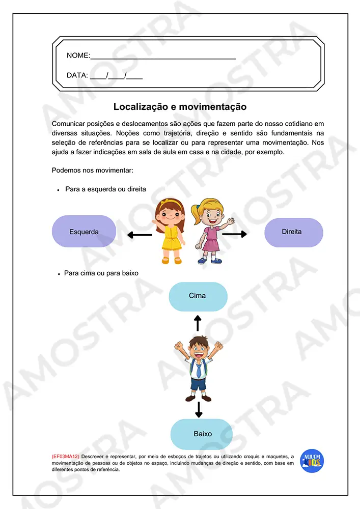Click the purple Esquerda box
click(84, 232)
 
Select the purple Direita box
click(293, 232)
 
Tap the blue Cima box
click(198, 296)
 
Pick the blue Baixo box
click(201, 434)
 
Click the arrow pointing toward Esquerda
click(139, 235)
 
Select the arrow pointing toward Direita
click(234, 234)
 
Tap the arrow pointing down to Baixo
click(199, 408)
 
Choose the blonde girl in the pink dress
click(209, 231)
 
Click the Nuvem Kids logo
click(312, 461)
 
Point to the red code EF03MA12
click(66, 457)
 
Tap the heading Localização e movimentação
click(180, 107)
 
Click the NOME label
click(78, 55)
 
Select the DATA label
click(77, 75)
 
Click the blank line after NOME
click(163, 57)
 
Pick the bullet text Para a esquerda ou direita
click(105, 189)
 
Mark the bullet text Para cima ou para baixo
click(101, 273)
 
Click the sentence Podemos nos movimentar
click(93, 170)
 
